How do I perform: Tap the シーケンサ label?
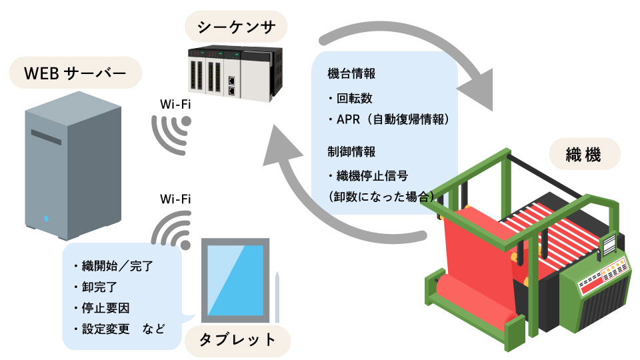233,27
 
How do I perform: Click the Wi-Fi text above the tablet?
176,199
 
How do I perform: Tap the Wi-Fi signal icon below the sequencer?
173,133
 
